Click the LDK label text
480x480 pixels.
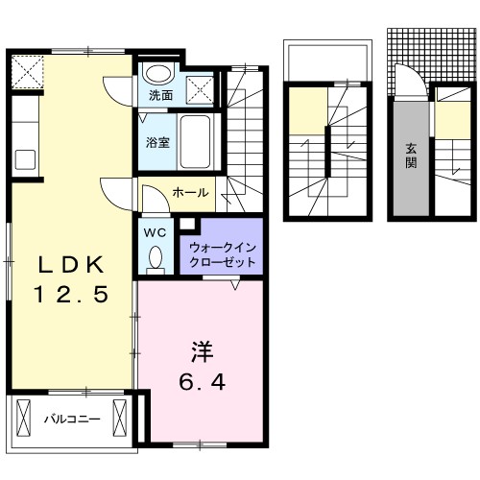click(71, 265)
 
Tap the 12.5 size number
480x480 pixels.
click(71, 295)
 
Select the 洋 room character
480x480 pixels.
click(203, 352)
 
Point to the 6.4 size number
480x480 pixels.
click(203, 382)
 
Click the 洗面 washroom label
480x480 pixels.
click(161, 95)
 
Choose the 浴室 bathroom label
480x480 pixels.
click(157, 142)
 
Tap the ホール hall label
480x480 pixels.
click(190, 193)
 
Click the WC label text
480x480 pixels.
click(155, 232)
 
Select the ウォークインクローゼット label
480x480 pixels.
click(223, 255)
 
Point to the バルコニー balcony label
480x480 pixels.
click(72, 419)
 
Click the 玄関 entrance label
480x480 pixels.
click(411, 156)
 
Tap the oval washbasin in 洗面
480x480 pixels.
click(158, 74)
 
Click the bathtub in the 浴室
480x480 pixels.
click(195, 141)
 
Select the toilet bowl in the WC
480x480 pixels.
click(156, 257)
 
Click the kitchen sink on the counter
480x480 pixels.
click(25, 159)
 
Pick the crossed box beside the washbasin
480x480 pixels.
click(200, 90)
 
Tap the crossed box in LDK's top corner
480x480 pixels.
click(28, 72)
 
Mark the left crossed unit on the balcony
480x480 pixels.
click(23, 418)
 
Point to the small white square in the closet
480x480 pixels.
click(187, 224)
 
